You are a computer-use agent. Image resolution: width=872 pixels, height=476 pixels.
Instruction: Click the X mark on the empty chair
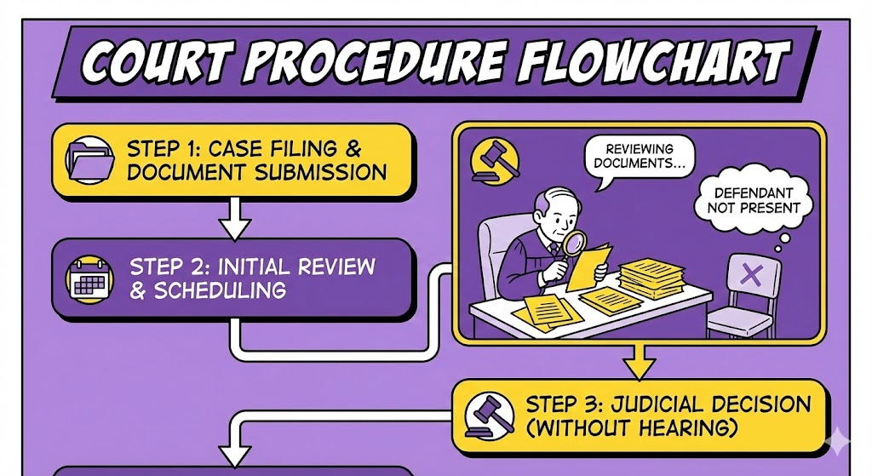point(751,274)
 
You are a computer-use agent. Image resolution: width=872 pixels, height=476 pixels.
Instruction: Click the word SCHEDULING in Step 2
point(220,290)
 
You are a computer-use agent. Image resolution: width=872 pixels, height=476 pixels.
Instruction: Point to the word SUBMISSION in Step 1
point(316,172)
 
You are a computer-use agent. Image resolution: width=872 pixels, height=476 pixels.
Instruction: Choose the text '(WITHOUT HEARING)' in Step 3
point(633,428)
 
